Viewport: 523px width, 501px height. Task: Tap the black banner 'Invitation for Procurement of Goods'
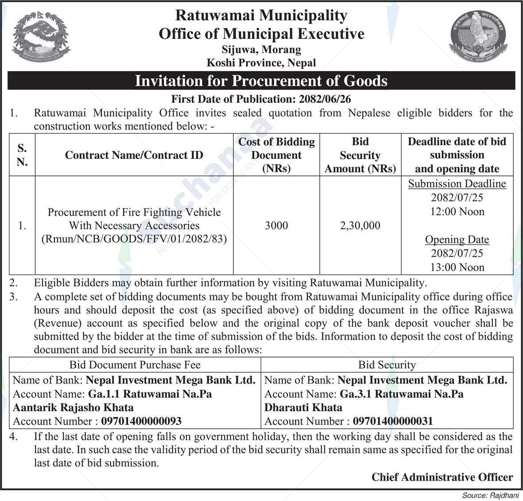click(261, 81)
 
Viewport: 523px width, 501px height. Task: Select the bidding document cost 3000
click(276, 225)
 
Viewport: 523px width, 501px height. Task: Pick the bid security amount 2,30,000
click(360, 225)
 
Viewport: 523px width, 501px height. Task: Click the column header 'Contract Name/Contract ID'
click(134, 155)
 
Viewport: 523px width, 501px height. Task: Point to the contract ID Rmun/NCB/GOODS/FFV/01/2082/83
click(134, 239)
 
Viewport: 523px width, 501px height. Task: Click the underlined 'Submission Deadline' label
click(457, 184)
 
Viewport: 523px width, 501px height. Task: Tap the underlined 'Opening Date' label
click(457, 240)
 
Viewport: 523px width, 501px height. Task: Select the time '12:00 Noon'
click(457, 212)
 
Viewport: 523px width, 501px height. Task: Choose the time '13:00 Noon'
click(457, 267)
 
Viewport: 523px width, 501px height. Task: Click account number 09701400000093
click(141, 421)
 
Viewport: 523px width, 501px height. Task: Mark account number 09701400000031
click(392, 421)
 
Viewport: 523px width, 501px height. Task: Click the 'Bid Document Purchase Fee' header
click(135, 365)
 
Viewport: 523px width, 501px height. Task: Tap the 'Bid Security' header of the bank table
click(387, 365)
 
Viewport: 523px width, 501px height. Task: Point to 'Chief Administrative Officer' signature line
click(442, 477)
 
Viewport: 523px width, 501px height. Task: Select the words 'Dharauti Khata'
click(303, 407)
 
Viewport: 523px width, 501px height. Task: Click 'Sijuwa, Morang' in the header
click(261, 50)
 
